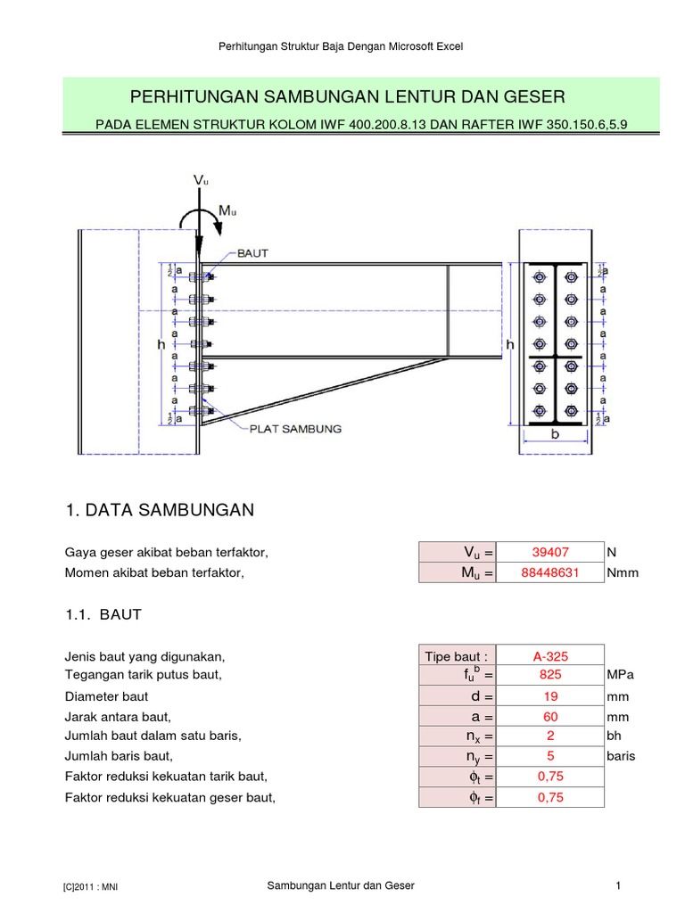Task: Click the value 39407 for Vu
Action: (550, 553)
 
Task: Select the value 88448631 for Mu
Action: (550, 573)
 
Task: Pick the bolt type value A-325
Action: (550, 656)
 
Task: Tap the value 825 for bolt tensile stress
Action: (550, 676)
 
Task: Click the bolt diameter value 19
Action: (550, 696)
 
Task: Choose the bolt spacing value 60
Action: (550, 717)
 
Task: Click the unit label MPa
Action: (622, 676)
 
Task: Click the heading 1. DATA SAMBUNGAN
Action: (161, 510)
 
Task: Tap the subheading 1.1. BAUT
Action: (103, 615)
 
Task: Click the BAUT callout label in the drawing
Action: (252, 254)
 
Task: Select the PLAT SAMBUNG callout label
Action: (294, 429)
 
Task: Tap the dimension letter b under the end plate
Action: (554, 436)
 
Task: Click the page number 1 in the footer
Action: (617, 885)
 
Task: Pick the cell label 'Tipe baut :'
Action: (456, 656)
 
